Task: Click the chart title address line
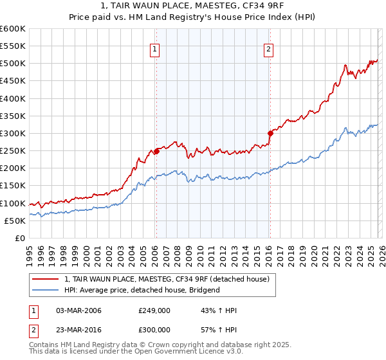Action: [192, 6]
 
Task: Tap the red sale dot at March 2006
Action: [156, 152]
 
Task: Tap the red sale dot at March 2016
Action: [270, 134]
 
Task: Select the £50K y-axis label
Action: [15, 221]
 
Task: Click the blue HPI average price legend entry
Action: [142, 290]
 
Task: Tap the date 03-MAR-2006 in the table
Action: [78, 310]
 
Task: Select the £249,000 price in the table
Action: [154, 310]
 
